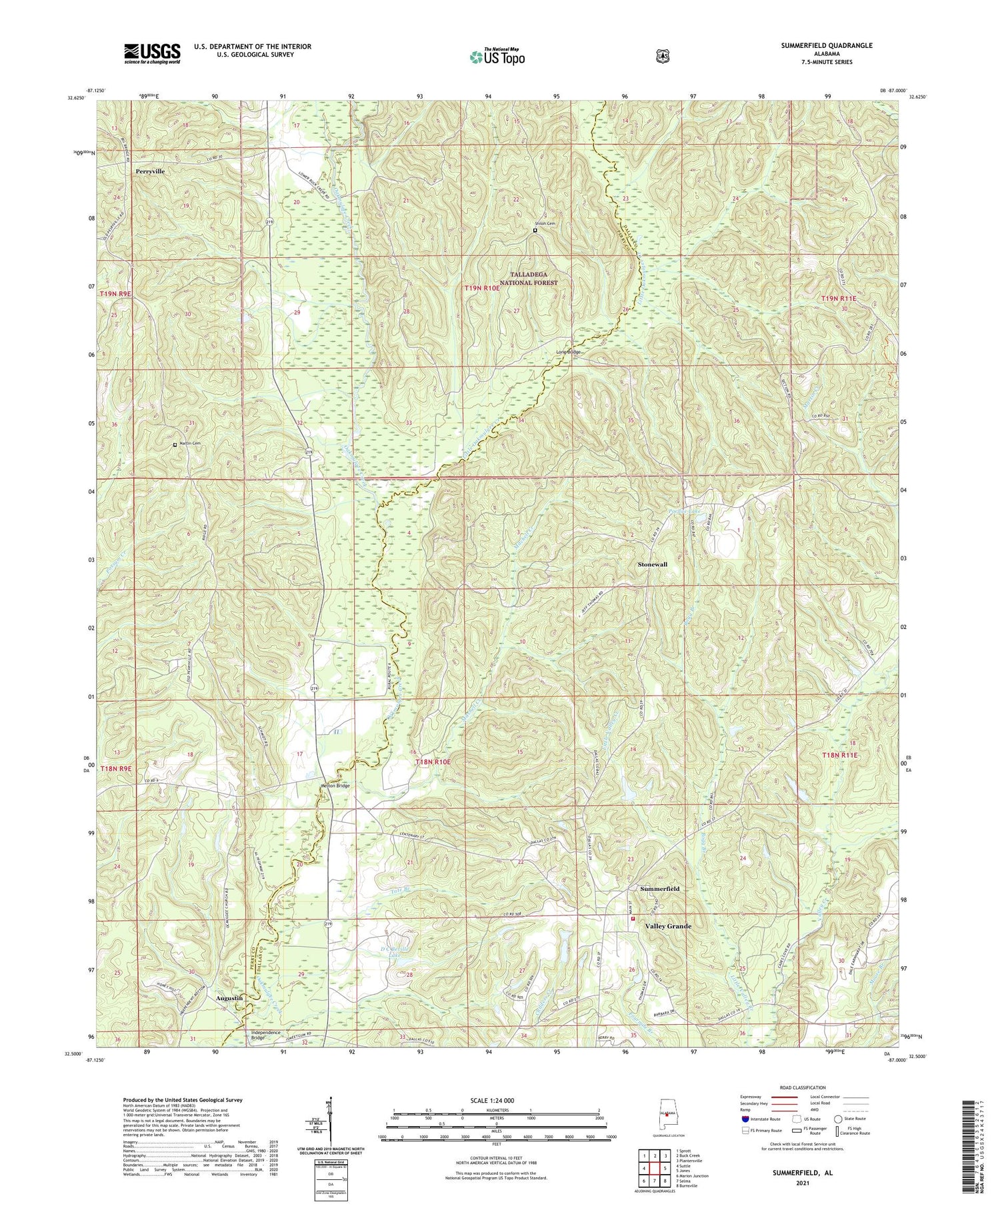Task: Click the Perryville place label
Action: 149,171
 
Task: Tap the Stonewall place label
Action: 652,564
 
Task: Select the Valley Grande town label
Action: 667,926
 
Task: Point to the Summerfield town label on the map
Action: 659,889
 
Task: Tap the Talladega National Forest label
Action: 534,279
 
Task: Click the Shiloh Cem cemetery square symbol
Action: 535,231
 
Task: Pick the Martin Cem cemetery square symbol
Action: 175,444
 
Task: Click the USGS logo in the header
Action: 152,53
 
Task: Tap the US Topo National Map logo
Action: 497,57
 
